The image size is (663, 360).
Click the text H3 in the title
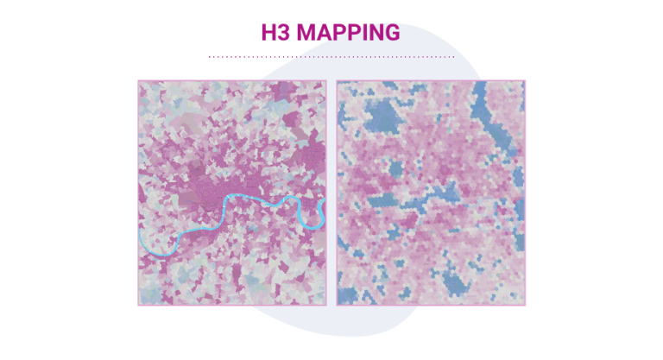tap(276, 33)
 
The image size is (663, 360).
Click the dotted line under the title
tap(331, 57)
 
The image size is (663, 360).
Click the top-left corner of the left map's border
tap(138, 81)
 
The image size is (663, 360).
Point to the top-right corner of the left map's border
tap(325, 81)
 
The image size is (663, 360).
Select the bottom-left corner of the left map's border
tap(138, 305)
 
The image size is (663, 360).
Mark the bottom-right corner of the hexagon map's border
tap(524, 305)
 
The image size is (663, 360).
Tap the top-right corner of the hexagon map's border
tap(524, 81)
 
